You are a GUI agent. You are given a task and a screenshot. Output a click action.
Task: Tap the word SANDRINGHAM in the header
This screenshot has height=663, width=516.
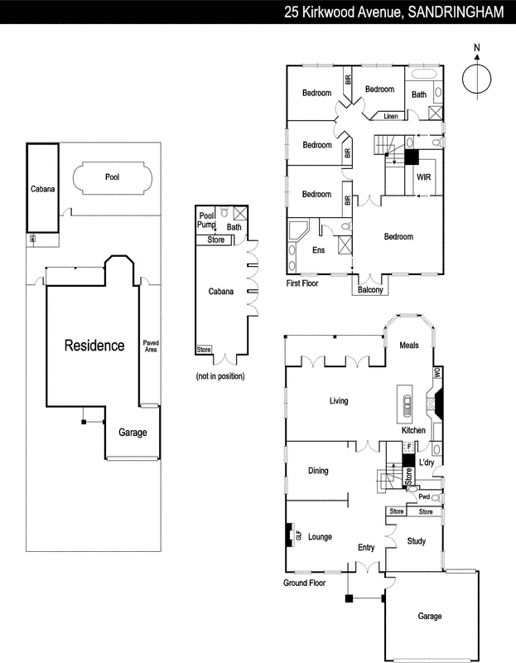tap(457, 12)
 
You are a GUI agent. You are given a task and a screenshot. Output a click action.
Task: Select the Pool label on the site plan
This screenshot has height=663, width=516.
tap(112, 177)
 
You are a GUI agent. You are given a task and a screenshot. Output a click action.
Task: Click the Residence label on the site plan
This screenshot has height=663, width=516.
tap(94, 346)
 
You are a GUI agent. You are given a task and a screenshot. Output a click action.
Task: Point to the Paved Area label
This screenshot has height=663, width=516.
tap(151, 346)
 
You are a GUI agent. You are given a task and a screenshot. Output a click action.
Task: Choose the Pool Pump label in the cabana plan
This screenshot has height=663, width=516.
tap(206, 220)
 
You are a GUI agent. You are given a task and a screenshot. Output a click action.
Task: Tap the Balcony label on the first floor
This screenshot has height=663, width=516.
tap(369, 290)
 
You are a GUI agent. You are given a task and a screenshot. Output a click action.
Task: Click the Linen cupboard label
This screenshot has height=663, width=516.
tap(391, 116)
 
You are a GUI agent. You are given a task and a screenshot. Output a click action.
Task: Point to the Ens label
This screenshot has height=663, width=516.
tap(318, 249)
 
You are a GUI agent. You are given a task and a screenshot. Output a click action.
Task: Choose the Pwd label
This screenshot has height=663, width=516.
tap(425, 497)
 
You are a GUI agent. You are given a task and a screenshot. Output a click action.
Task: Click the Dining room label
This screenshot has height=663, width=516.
tap(318, 471)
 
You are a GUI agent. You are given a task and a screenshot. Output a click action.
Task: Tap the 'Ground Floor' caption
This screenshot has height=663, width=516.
tap(304, 583)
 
